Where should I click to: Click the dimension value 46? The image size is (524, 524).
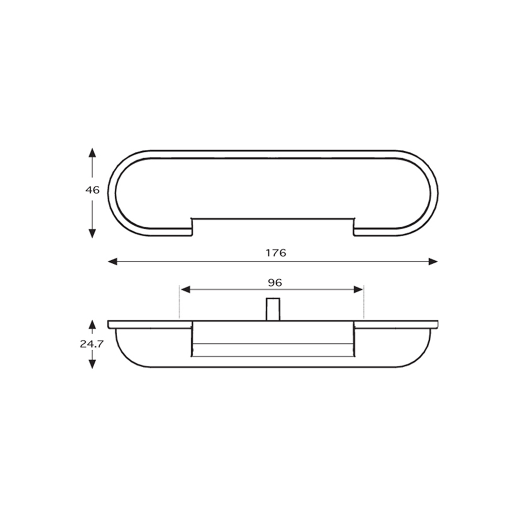point(92,190)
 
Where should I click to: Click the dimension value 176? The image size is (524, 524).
point(276,253)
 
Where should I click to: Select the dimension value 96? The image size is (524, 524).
point(275,283)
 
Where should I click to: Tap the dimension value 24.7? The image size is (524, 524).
point(92,344)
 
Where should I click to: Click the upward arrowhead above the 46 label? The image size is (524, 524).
point(92,153)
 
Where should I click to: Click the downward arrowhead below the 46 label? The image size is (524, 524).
point(92,233)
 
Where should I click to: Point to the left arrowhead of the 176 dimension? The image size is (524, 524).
point(113,261)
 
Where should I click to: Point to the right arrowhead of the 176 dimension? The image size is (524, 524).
point(433,261)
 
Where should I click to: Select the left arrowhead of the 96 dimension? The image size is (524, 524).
point(185,290)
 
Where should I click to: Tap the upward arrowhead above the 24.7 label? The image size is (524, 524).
point(92,324)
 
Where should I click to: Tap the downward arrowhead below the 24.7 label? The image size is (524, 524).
point(92,364)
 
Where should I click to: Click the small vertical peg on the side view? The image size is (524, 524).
point(273,309)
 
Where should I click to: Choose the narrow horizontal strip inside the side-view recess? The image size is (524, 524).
point(273,350)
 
